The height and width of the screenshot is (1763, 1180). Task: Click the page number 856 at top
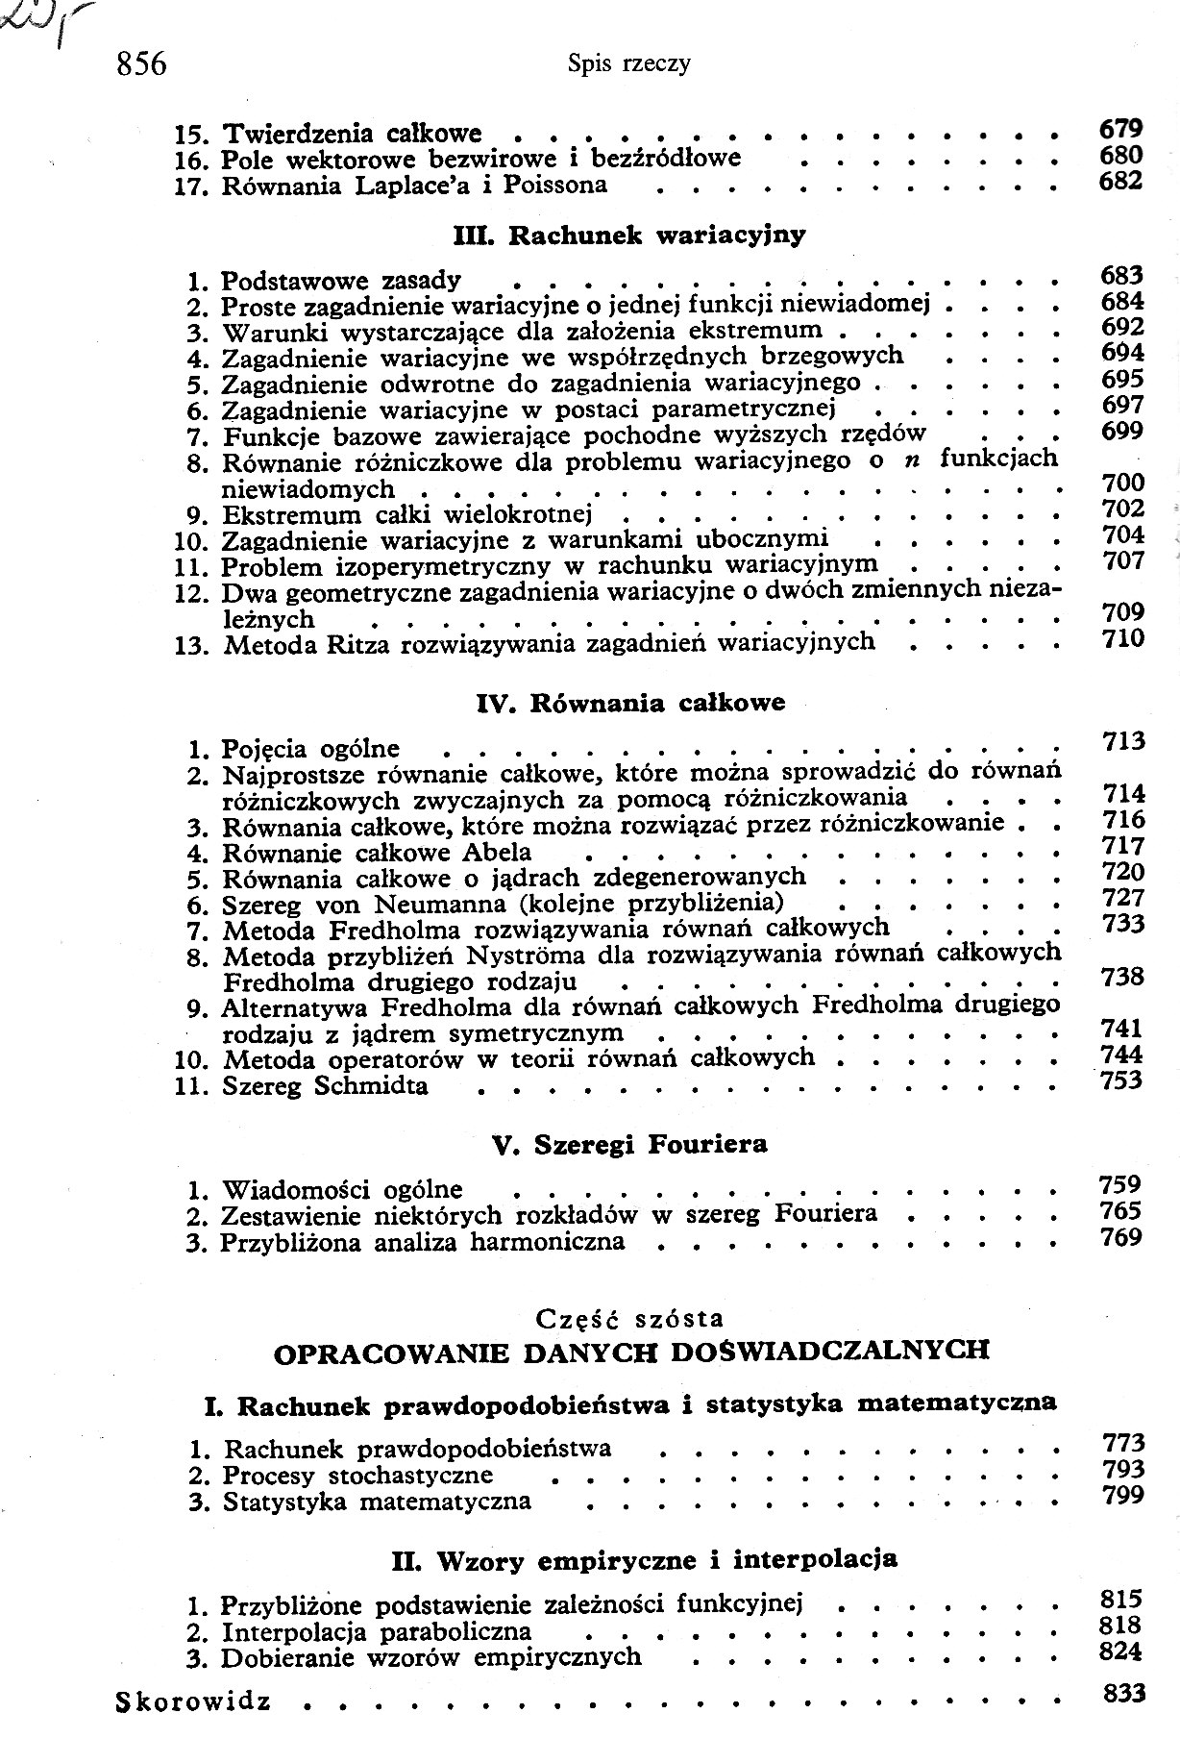141,63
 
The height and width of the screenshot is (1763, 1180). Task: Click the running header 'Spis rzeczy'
629,63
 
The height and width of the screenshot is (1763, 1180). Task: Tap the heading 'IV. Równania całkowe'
630,703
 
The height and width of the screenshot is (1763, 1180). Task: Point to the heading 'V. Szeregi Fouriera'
629,1145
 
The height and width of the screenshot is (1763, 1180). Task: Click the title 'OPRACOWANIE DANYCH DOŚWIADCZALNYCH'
631,1351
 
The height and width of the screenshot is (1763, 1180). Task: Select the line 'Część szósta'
630,1318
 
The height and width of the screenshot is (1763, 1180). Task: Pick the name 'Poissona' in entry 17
564,185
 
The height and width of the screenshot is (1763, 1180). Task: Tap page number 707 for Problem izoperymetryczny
1123,560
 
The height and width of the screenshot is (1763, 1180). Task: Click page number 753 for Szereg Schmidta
1121,1080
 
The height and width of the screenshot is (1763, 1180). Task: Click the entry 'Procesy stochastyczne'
357,1475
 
